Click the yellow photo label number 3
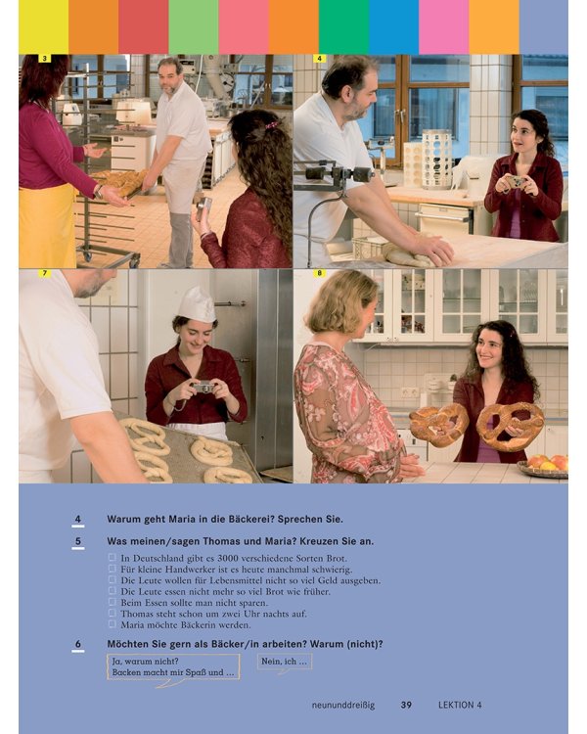[x=44, y=59]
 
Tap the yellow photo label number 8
[x=319, y=273]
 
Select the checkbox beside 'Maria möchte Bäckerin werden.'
[x=112, y=624]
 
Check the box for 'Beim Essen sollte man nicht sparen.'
[x=112, y=602]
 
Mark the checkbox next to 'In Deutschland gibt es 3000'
[x=112, y=557]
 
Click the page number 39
[x=406, y=705]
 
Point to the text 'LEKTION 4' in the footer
[x=460, y=705]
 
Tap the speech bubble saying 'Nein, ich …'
[x=285, y=662]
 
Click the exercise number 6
[x=77, y=644]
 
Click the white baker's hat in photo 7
[x=197, y=304]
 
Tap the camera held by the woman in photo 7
[x=203, y=388]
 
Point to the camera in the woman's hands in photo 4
[x=515, y=181]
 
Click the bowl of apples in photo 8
[x=543, y=467]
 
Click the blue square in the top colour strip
[x=393, y=26]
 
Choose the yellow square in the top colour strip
[x=43, y=26]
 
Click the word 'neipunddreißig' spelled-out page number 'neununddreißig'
[x=343, y=705]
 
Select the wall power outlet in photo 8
[x=410, y=392]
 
